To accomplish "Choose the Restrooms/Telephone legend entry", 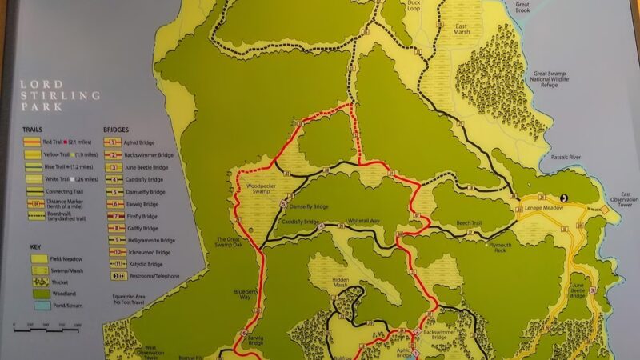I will tap(146, 276).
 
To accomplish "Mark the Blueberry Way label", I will tap(246, 294).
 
